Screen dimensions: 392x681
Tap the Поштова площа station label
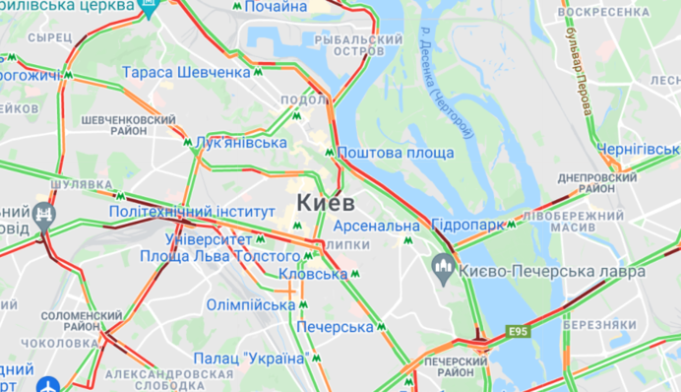pos(395,153)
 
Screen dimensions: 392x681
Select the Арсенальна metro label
pos(382,227)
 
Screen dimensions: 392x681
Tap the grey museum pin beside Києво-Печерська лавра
pos(443,264)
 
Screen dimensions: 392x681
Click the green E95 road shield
pos(519,332)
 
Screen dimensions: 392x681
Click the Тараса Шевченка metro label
pos(186,72)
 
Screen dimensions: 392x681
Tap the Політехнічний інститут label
pos(192,212)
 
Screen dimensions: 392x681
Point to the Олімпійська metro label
pos(250,305)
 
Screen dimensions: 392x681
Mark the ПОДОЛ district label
pos(296,98)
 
